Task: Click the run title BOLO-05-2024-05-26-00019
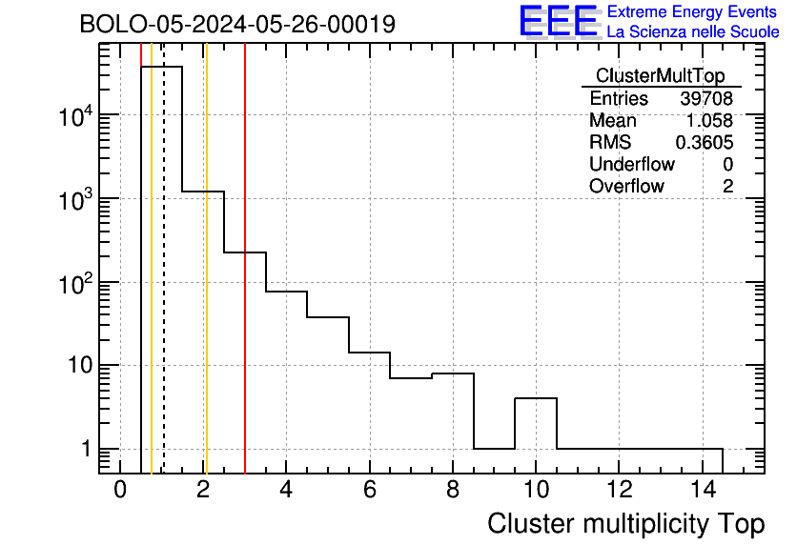pos(237,24)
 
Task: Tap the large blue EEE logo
pos(559,21)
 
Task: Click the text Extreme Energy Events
pos(693,12)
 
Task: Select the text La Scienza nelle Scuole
pos(693,32)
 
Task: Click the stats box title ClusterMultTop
pos(660,76)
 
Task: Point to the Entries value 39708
pos(706,99)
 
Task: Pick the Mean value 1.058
pos(710,121)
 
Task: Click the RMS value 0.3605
pos(704,143)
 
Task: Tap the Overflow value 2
pos(727,187)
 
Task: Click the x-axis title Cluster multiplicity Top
pos(625,523)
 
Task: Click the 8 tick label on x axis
pos(453,491)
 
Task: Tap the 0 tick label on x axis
pos(120,491)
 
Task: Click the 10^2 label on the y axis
pos(73,283)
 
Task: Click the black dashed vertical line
pos(163,286)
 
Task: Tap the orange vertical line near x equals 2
pos(205,286)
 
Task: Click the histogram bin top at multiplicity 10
pos(536,398)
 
